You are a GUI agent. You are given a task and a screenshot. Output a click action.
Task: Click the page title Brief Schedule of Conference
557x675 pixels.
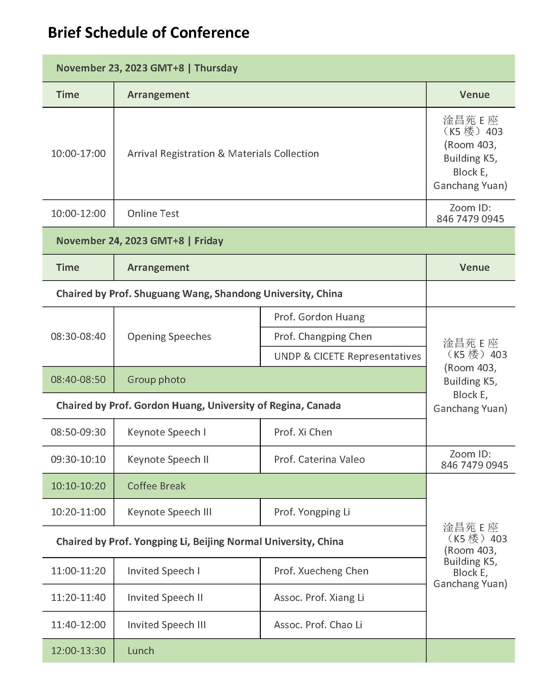click(149, 33)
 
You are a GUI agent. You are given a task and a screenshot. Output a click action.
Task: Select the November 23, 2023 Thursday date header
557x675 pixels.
click(147, 68)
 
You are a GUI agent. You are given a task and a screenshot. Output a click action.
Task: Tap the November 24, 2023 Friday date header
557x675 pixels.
click(140, 241)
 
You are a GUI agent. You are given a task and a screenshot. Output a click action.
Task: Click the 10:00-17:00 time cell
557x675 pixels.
click(78, 154)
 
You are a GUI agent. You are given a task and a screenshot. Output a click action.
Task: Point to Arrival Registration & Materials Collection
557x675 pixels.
click(223, 154)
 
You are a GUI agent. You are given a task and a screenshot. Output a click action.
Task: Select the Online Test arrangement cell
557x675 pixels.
click(153, 214)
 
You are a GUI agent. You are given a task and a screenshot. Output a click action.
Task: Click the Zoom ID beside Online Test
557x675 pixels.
click(470, 214)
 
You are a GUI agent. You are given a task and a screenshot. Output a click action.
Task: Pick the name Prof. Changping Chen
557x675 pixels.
click(322, 336)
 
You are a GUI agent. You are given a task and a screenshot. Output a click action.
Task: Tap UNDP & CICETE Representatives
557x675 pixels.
click(347, 356)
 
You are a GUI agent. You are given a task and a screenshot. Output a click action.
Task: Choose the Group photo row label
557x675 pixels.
click(156, 380)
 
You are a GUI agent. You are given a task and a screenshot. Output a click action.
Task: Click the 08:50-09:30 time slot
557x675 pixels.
click(78, 432)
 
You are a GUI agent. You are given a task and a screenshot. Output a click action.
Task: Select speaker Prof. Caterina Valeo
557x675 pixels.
click(319, 459)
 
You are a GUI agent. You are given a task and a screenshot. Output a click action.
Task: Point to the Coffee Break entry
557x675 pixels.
click(156, 486)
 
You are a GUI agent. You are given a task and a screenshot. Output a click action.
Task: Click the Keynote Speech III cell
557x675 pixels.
click(169, 512)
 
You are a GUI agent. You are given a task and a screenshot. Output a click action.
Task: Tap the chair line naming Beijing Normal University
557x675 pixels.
click(199, 542)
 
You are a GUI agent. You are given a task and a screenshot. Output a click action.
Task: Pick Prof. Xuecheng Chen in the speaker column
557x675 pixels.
click(321, 571)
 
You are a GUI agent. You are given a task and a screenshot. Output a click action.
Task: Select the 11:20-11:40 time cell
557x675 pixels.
click(78, 598)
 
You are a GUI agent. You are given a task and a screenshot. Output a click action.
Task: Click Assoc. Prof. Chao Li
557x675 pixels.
click(318, 625)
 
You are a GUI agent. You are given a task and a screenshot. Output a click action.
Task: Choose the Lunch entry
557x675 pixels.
click(141, 651)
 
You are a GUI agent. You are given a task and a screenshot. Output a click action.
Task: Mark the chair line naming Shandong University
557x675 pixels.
click(199, 294)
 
